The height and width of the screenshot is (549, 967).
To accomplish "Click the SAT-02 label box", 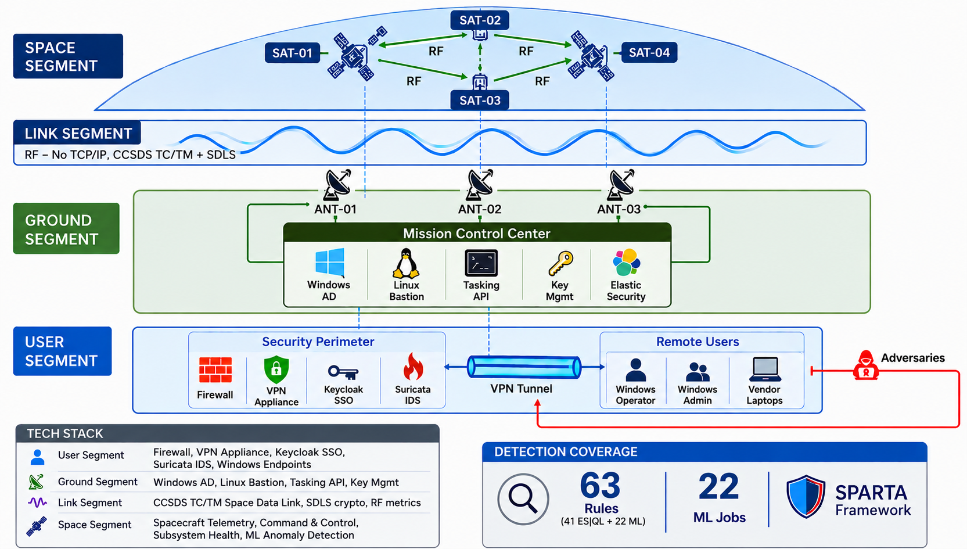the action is pyautogui.click(x=480, y=20).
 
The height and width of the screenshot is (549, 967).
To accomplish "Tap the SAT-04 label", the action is pyautogui.click(x=649, y=53).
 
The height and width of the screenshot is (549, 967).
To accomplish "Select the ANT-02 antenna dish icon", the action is pyautogui.click(x=480, y=185).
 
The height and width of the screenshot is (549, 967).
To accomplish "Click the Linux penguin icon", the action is pyautogui.click(x=406, y=264).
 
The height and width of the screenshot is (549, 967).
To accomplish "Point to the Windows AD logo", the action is pyautogui.click(x=330, y=262).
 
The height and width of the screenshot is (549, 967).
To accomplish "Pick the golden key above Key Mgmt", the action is pyautogui.click(x=560, y=264).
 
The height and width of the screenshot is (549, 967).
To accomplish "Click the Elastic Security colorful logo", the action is pyautogui.click(x=626, y=263).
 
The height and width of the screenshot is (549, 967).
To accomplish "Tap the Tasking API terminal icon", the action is pyautogui.click(x=481, y=263).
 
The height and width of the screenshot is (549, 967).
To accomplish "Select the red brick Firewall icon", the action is pyautogui.click(x=215, y=369).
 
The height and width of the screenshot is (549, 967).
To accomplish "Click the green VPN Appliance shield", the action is pyautogui.click(x=276, y=369).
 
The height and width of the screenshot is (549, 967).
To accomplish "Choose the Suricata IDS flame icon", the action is pyautogui.click(x=413, y=366).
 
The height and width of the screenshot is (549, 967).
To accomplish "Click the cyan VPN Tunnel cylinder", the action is pyautogui.click(x=524, y=368).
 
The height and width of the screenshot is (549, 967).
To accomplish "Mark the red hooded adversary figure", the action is pyautogui.click(x=865, y=365).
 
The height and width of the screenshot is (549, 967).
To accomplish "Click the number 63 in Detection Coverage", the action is pyautogui.click(x=600, y=486).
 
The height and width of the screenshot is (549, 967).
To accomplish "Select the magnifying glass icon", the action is pyautogui.click(x=523, y=499).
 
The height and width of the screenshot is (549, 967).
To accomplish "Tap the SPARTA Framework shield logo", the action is pyautogui.click(x=806, y=496).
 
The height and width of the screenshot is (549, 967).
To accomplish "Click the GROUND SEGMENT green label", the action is pyautogui.click(x=66, y=228).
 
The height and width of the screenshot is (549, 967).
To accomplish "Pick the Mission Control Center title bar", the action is pyautogui.click(x=477, y=233).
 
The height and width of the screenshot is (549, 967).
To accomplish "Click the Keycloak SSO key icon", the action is pyautogui.click(x=343, y=372).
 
